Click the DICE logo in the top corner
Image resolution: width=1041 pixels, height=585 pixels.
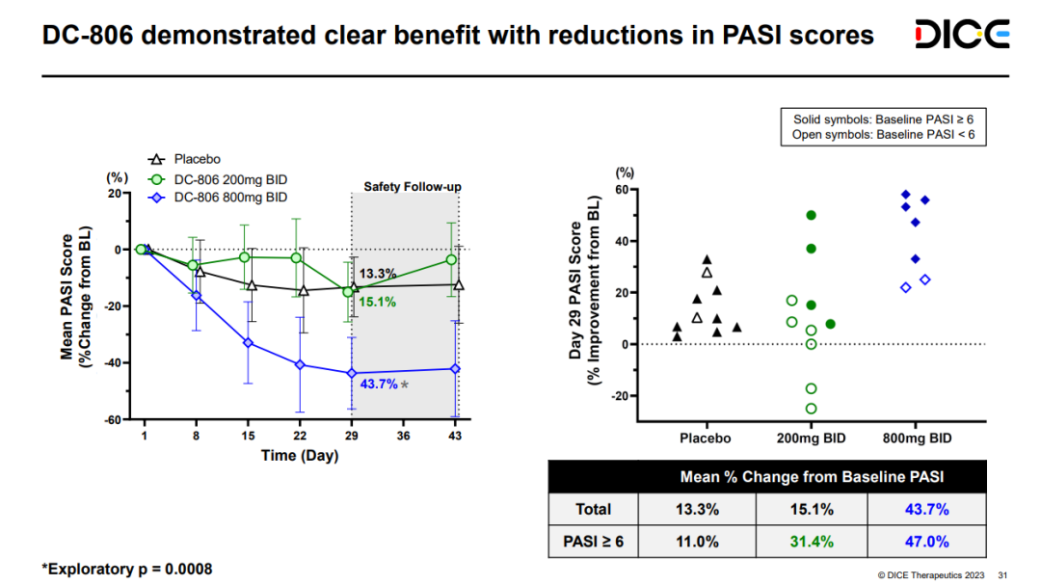[962, 35]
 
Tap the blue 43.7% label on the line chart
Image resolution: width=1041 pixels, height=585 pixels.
[379, 384]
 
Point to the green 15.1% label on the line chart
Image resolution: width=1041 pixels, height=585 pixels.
[378, 303]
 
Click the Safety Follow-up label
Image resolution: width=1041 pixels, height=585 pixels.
[412, 185]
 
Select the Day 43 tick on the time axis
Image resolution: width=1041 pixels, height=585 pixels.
[457, 437]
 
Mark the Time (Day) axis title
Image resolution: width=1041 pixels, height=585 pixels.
[300, 455]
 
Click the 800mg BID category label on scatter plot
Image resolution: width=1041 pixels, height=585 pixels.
[917, 439]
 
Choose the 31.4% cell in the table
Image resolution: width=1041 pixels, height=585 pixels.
[812, 542]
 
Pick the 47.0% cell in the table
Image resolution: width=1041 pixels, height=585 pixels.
[924, 542]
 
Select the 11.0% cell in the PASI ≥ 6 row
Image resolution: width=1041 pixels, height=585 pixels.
[699, 542]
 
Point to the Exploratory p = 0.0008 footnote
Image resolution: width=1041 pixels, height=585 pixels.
[126, 569]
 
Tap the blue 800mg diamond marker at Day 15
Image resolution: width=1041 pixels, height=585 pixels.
[248, 343]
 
